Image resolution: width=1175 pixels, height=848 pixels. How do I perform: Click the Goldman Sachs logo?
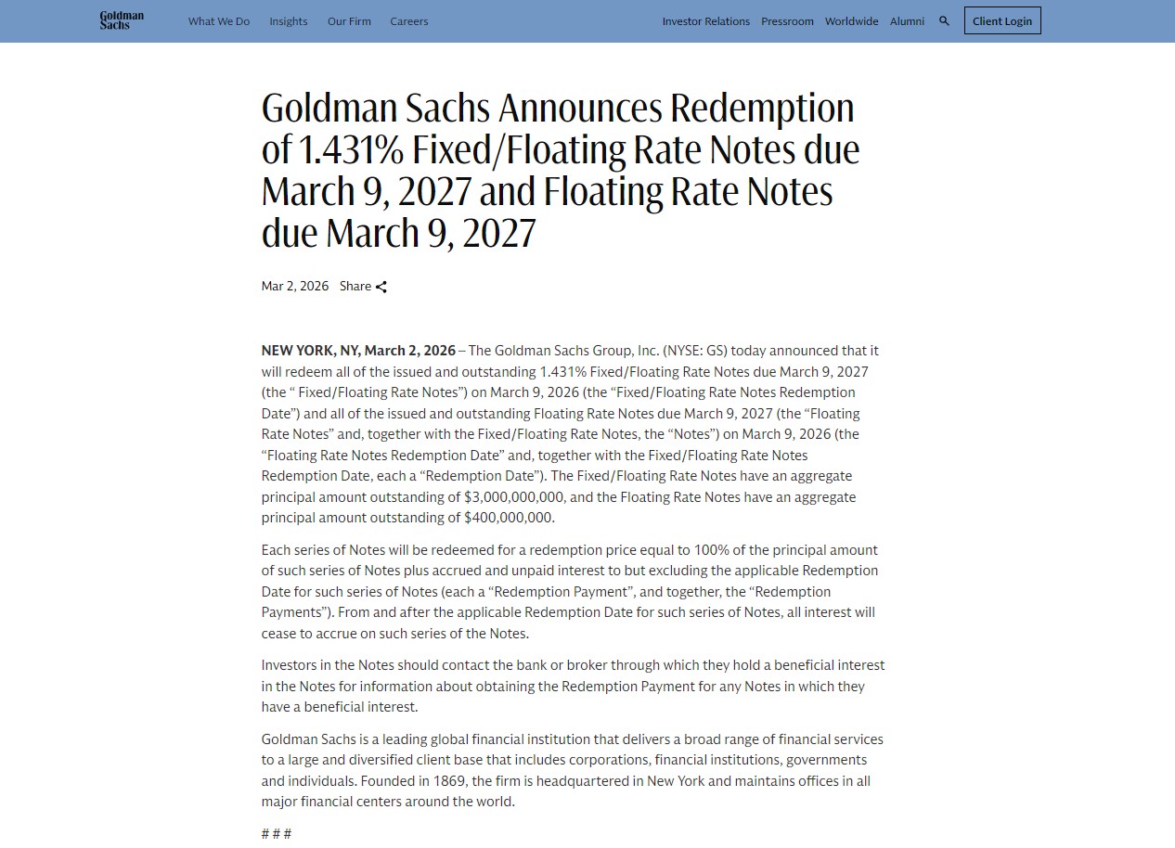(x=122, y=20)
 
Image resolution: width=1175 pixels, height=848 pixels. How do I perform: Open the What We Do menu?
(x=219, y=21)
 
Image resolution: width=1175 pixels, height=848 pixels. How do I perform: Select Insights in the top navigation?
(x=289, y=21)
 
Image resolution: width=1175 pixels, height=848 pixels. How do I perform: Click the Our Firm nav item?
(x=349, y=21)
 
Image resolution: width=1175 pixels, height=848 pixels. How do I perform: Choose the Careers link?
(x=409, y=21)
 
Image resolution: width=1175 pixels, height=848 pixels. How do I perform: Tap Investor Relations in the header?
(x=705, y=21)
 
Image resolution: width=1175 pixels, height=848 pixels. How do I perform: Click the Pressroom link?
(x=787, y=21)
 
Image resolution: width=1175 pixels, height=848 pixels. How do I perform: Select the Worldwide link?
(x=851, y=21)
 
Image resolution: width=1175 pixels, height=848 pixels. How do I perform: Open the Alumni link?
(x=907, y=21)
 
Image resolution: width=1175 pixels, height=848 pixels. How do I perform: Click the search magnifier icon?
(x=944, y=20)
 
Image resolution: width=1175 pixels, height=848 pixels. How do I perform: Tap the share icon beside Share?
(x=381, y=287)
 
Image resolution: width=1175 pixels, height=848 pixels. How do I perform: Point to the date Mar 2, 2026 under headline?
(x=295, y=286)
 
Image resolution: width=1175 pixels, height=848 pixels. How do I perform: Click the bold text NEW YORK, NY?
(x=312, y=351)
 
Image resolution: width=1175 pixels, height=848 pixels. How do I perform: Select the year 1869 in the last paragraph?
(x=450, y=781)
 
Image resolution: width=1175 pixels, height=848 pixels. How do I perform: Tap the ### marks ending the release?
(x=277, y=833)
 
